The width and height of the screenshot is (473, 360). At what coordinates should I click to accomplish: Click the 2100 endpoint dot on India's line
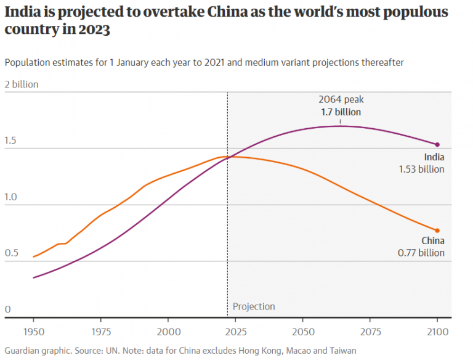(x=437, y=144)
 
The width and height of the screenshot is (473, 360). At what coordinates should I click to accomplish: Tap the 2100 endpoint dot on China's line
(x=437, y=231)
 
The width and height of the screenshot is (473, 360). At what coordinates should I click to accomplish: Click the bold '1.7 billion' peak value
(x=341, y=112)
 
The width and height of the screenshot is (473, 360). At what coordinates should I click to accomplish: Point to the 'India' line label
(x=434, y=157)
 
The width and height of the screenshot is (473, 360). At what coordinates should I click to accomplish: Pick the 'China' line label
(x=433, y=241)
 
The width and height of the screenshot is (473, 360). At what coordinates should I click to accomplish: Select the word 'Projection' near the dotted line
(x=254, y=306)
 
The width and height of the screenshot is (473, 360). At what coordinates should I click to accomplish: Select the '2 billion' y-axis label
(x=22, y=84)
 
